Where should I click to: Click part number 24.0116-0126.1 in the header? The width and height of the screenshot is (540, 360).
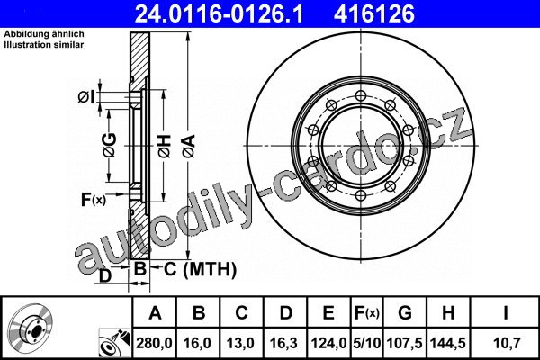[219, 13]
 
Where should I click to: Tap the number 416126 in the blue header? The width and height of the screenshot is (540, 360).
[374, 13]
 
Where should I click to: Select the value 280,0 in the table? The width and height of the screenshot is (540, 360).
[154, 343]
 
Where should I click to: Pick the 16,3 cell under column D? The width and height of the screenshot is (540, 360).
[283, 343]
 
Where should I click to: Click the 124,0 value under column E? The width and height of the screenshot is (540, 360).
[328, 343]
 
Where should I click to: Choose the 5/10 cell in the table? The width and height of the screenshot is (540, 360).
[367, 343]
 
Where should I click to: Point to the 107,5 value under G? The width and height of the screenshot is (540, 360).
[405, 343]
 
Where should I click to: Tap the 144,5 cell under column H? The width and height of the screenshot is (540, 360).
[448, 343]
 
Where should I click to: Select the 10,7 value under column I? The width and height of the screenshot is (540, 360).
[505, 343]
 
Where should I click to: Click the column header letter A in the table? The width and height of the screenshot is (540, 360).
[155, 313]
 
